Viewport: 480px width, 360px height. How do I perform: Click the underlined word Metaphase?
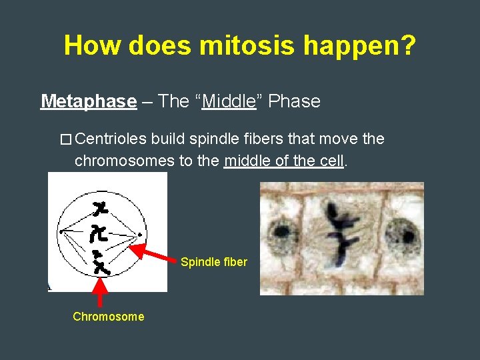click(88, 101)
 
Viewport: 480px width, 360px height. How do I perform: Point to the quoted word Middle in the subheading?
click(229, 101)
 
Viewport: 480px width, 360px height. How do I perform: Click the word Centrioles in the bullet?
click(111, 139)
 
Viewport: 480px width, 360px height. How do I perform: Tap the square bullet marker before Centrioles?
click(65, 140)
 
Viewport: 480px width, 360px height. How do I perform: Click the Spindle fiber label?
click(213, 262)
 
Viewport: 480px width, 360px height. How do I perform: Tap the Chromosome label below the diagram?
click(108, 317)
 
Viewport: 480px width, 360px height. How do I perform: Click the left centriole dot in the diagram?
click(61, 231)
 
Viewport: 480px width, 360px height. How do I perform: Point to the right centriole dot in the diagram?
click(139, 235)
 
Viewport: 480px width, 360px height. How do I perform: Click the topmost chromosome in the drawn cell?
click(102, 208)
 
